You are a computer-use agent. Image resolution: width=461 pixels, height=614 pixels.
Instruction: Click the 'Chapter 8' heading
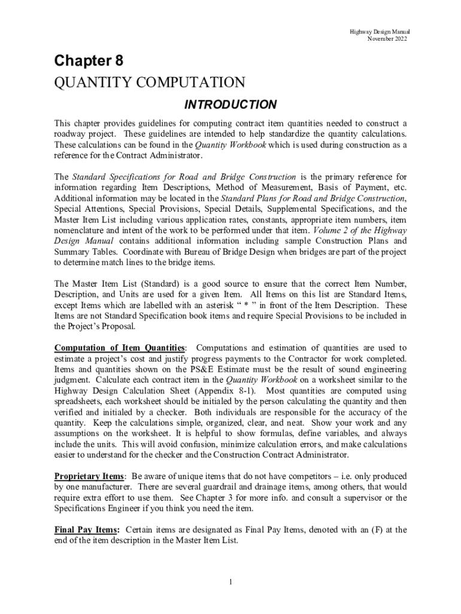coord(89,61)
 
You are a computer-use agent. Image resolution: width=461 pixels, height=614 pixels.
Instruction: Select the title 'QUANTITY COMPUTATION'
coord(150,82)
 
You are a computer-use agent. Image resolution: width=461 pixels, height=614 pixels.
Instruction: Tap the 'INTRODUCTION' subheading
coord(230,105)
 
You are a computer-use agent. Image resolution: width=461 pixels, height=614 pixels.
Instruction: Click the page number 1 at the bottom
coord(230,582)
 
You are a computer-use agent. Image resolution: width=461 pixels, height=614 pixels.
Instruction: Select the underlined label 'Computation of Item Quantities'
coord(120,348)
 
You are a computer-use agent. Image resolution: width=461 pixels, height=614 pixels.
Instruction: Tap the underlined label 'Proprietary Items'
coord(89,476)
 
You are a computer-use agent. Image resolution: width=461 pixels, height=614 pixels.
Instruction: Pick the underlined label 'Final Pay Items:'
coord(87,529)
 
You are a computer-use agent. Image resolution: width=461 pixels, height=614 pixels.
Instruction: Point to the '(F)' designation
coord(383,529)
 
